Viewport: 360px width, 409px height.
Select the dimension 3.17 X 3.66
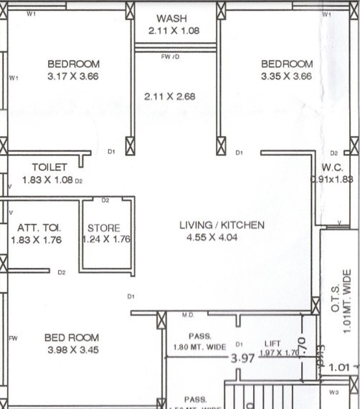(74, 76)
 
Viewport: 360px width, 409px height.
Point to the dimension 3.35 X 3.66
(287, 76)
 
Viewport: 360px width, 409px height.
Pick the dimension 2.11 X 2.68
(169, 96)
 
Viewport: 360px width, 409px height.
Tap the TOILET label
(49, 167)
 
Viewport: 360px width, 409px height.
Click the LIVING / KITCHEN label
(222, 225)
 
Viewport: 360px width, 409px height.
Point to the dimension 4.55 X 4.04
(222, 238)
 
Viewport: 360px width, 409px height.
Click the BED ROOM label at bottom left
(72, 337)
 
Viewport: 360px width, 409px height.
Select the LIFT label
(272, 344)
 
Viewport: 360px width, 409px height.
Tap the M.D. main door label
(188, 314)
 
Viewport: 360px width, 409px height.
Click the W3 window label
(333, 393)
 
